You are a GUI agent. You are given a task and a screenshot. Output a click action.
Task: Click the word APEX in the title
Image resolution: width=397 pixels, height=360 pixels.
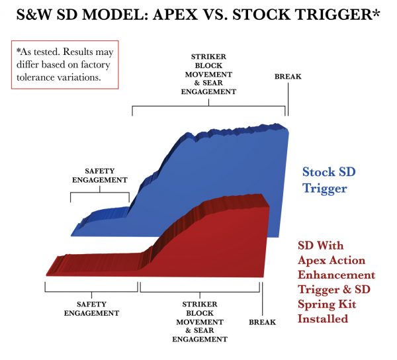coord(175,15)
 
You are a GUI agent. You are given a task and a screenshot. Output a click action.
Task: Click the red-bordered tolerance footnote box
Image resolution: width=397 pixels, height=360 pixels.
coord(65,65)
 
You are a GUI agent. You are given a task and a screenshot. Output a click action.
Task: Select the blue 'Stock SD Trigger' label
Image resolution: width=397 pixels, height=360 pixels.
coord(329,180)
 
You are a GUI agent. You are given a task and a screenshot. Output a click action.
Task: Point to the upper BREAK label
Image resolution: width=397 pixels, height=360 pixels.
coord(288,77)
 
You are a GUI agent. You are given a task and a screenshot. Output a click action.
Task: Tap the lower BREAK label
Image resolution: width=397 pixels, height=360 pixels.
coord(262,322)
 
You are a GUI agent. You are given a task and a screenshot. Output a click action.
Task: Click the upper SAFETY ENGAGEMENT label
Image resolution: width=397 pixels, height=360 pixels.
coord(100,175)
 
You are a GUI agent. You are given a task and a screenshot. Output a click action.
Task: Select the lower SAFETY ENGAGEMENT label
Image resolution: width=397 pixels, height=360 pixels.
coord(91,308)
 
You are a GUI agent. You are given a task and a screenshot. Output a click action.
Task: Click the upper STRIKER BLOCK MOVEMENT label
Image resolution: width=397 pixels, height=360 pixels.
coord(208,74)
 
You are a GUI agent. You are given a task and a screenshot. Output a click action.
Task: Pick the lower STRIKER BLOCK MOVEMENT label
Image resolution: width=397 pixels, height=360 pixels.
coord(200,322)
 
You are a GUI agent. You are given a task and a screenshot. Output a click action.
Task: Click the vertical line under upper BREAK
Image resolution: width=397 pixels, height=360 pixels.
coord(288,99)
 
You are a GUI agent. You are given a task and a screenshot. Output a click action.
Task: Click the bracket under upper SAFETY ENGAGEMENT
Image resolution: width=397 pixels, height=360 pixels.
coord(100,193)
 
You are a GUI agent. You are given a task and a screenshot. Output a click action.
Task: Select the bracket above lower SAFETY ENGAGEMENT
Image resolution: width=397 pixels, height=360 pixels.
coord(91,292)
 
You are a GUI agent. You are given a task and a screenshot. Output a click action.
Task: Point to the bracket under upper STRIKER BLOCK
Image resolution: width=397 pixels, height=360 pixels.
coord(208,107)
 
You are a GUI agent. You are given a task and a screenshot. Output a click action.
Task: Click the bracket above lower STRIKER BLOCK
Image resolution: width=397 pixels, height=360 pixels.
coord(200,292)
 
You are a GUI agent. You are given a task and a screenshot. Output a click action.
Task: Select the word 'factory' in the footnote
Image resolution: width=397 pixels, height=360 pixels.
coord(95,65)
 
